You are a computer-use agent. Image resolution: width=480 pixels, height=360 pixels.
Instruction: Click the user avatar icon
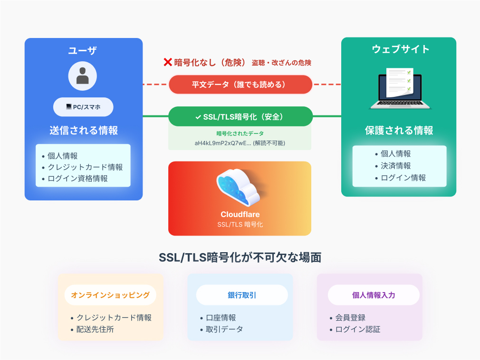tap(83, 76)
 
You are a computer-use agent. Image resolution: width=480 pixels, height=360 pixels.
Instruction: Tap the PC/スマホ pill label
tap(83, 107)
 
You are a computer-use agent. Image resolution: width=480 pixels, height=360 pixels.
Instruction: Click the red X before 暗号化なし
tap(167, 62)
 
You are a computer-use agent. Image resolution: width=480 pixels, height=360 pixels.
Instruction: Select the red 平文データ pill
tap(240, 85)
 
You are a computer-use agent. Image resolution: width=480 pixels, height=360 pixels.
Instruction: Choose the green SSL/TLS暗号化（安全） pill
tap(240, 116)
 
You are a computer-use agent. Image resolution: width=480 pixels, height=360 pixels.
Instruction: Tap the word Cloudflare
tap(240, 214)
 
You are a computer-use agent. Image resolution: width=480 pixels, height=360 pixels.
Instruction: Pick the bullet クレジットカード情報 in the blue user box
tap(86, 167)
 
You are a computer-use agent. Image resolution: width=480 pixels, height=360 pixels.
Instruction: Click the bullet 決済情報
tap(396, 166)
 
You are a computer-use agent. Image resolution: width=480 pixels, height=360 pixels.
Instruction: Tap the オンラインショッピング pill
tap(110, 295)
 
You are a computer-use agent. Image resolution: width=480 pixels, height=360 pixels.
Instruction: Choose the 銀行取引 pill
tap(242, 295)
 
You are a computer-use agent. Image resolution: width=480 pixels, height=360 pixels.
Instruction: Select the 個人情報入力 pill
tap(374, 295)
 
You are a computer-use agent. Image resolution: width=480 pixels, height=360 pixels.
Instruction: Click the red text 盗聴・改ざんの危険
tap(281, 63)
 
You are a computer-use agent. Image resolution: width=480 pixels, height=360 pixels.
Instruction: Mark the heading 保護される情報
tap(399, 131)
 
